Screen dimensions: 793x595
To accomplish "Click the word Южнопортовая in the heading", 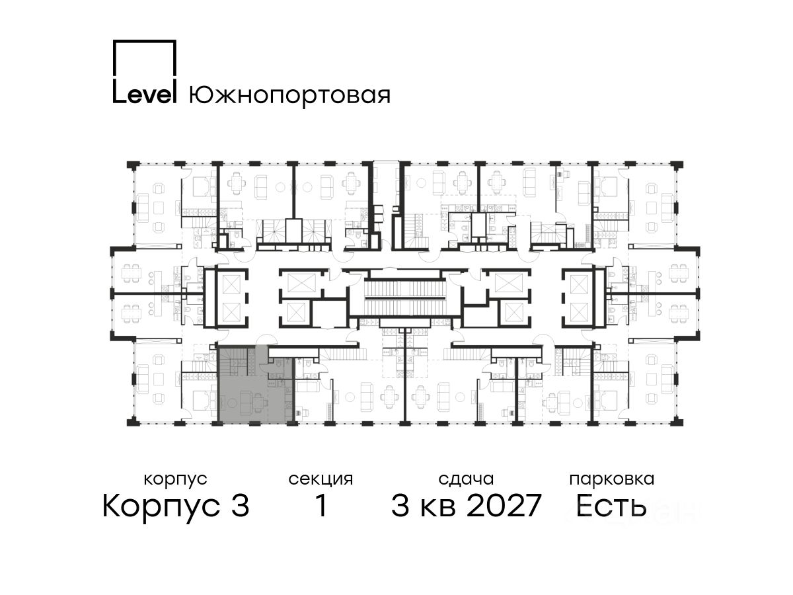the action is pos(289,95).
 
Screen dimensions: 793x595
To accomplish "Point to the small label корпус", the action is pos(175,479).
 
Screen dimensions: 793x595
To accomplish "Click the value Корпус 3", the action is pos(176,506).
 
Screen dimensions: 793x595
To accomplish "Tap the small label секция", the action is pos(321,479).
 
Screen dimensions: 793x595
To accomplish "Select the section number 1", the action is pos(321,506).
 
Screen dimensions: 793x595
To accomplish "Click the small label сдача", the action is pos(466,479).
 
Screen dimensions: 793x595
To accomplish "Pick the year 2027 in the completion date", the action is pos(504,506).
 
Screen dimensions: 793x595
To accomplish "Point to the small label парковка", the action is pos(612,479).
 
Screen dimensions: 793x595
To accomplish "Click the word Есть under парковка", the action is pos(611,506).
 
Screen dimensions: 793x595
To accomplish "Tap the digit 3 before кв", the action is pos(400,506).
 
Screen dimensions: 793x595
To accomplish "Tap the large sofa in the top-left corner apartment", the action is pos(143,208).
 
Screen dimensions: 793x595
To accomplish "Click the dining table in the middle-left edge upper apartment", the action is pos(131,274).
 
